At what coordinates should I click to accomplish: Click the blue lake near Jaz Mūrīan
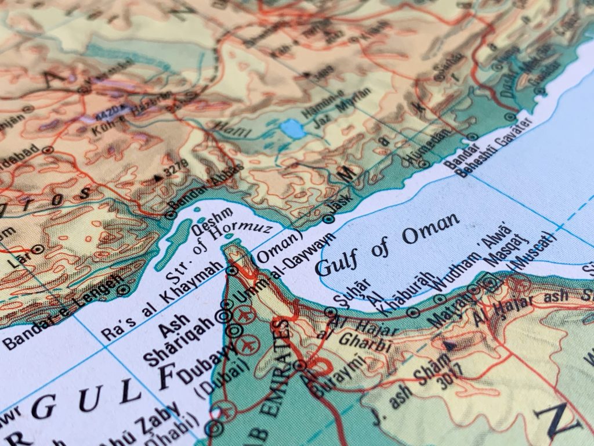pos(291,129)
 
